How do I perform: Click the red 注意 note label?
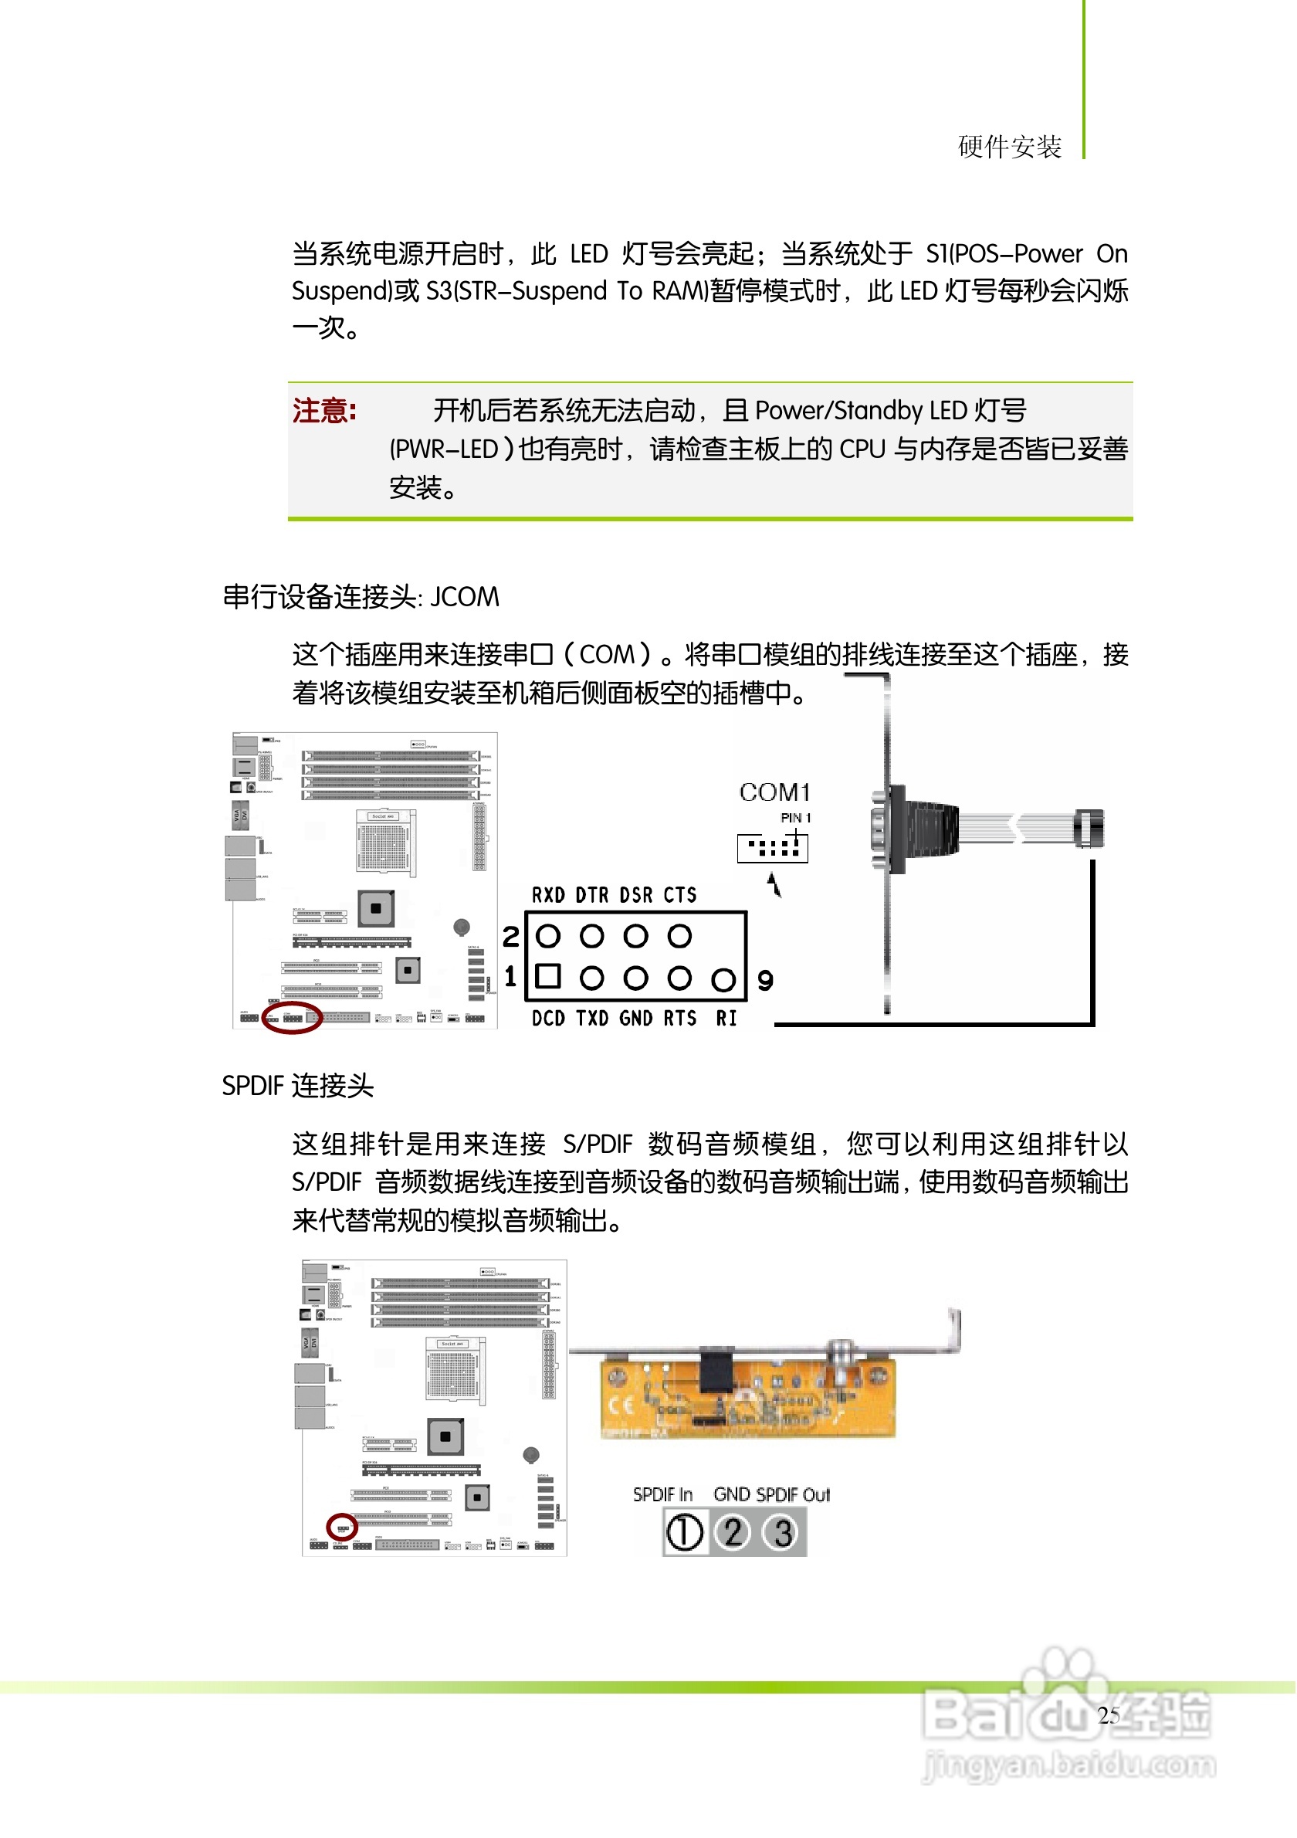click(x=324, y=411)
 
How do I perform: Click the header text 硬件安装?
click(x=1010, y=148)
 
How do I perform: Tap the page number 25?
click(x=1108, y=1715)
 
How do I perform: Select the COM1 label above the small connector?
click(x=774, y=792)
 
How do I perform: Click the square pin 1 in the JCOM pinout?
click(x=548, y=976)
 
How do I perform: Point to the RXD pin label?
click(x=548, y=895)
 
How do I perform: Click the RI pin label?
click(x=726, y=1019)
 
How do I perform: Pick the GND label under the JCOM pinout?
click(x=635, y=1019)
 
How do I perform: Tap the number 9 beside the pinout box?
click(x=765, y=981)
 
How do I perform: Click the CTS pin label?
click(x=679, y=895)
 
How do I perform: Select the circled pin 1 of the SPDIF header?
click(x=685, y=1532)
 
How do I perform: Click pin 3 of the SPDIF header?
click(x=783, y=1532)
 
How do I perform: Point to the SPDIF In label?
click(x=662, y=1494)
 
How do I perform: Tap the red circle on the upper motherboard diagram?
click(x=292, y=1018)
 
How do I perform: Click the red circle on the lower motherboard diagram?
click(x=343, y=1528)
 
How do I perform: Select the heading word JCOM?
click(x=465, y=597)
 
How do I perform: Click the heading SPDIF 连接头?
click(x=298, y=1087)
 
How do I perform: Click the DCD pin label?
click(x=548, y=1019)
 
